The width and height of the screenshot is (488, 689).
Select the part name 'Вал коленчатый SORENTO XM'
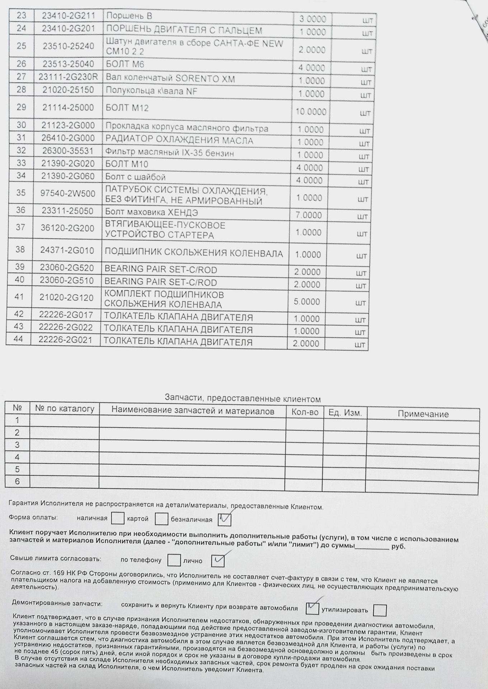click(170, 78)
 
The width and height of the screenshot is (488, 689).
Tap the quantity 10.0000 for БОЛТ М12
click(311, 112)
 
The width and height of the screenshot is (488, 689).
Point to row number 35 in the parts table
click(21, 193)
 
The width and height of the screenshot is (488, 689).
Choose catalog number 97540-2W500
click(68, 194)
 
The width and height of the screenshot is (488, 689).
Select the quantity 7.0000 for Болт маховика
click(308, 215)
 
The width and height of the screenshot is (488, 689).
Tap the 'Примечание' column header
click(423, 414)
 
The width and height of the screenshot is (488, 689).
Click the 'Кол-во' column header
click(305, 412)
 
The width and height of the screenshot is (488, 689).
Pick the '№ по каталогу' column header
click(65, 409)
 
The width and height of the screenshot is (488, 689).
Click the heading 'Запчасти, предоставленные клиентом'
click(243, 399)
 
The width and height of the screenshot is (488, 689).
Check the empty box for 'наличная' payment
click(117, 518)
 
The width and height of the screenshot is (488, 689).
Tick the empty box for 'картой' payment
click(161, 519)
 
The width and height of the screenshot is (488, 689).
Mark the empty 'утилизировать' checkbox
click(380, 610)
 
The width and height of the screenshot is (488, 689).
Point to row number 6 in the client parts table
click(17, 482)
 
